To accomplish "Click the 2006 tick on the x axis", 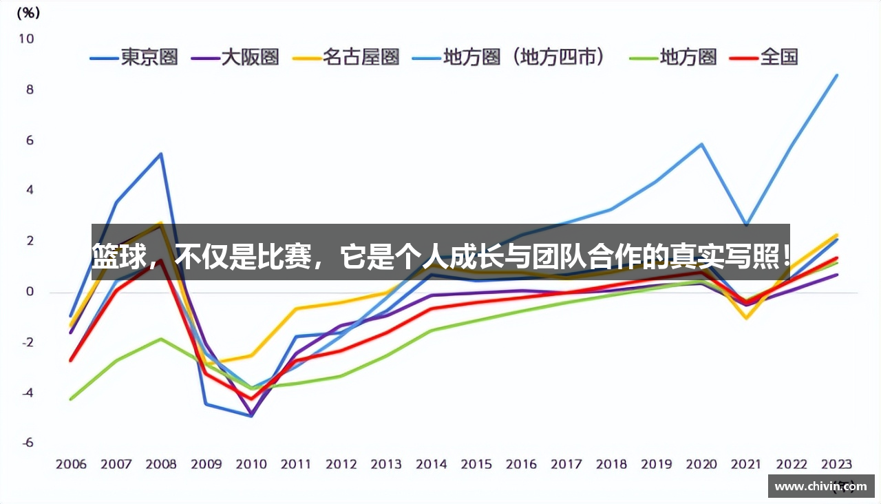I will point(71,465).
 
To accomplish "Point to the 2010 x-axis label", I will point(251,465).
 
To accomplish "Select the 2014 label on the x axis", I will point(431,465).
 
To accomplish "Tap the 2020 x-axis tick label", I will point(701,465).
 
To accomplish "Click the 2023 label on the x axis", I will point(836,465).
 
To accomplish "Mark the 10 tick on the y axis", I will point(25,39).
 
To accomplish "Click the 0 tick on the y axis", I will point(29,292).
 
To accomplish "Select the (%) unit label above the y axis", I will point(28,12).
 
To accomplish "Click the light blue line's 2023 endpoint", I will point(836,75).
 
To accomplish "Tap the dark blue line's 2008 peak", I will point(161,154).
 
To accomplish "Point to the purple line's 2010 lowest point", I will point(251,415).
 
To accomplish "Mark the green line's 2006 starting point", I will point(71,399).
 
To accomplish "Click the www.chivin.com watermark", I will point(820,487).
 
